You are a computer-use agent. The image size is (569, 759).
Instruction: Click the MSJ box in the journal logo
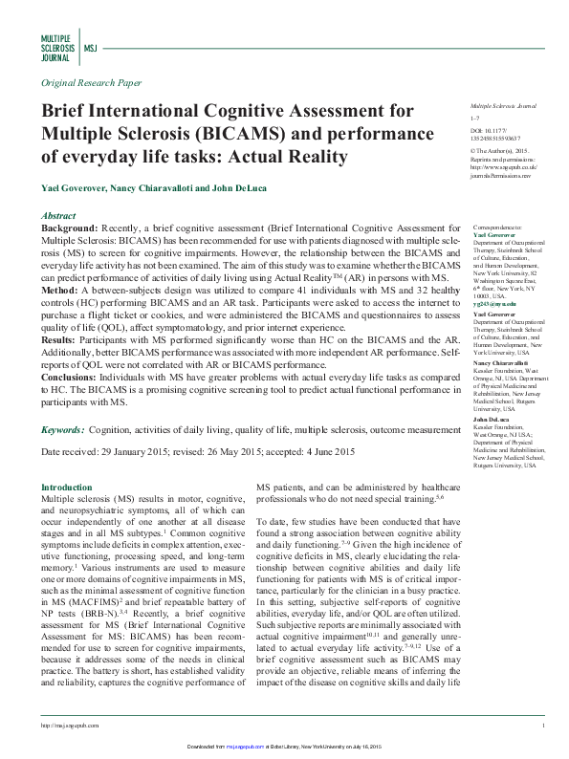click(x=91, y=45)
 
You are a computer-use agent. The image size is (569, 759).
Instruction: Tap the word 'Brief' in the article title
click(x=68, y=113)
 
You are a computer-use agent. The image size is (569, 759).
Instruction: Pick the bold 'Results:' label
click(x=65, y=341)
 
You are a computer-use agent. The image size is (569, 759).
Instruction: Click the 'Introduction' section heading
click(x=67, y=487)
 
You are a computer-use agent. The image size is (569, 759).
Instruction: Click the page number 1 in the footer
click(x=542, y=726)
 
